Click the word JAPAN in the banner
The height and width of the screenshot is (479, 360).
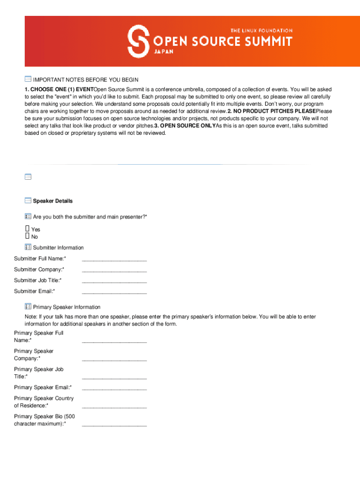click(164, 52)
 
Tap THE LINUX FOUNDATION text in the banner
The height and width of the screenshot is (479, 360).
click(261, 30)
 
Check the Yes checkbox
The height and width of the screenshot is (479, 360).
click(28, 229)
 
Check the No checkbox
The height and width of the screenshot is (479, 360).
click(28, 236)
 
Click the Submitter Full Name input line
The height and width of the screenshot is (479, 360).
click(114, 260)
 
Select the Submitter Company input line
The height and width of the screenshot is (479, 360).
click(114, 271)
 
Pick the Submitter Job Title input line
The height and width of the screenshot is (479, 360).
click(114, 282)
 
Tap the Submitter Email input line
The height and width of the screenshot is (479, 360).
click(114, 292)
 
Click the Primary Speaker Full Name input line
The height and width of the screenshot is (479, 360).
click(114, 342)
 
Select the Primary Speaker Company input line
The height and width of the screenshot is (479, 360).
click(114, 360)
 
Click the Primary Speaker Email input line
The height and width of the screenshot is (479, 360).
click(114, 389)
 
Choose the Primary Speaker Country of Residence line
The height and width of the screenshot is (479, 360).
click(114, 407)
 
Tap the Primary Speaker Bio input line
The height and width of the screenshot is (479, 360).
click(114, 425)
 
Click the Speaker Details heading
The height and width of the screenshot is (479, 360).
click(53, 201)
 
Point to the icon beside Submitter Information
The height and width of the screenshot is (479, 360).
click(28, 247)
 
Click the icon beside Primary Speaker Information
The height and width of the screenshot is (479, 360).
click(28, 306)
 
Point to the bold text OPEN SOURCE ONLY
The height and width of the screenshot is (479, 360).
click(185, 126)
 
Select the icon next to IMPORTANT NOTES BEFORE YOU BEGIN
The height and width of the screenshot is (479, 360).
click(28, 79)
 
